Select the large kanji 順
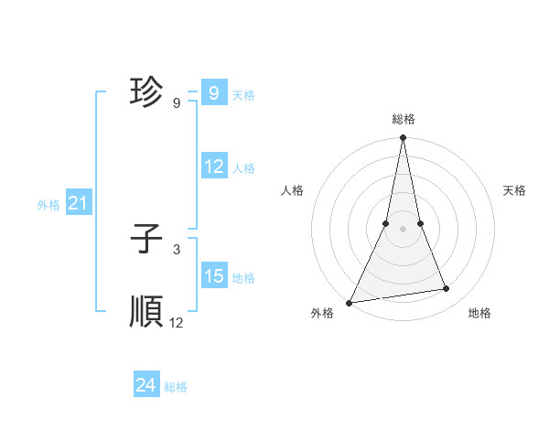(147, 312)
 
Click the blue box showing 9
(213, 93)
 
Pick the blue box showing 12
(213, 167)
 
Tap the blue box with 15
(213, 276)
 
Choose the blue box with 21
(78, 204)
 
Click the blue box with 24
(146, 386)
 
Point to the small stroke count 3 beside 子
(177, 250)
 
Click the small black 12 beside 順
(177, 323)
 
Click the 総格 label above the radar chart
(403, 119)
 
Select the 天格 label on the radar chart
(515, 190)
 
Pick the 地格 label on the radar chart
(479, 313)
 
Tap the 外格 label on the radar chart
(322, 313)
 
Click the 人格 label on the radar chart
(292, 190)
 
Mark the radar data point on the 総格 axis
(403, 138)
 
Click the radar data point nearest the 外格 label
(350, 302)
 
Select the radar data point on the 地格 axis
(447, 289)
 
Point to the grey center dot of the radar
(403, 229)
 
